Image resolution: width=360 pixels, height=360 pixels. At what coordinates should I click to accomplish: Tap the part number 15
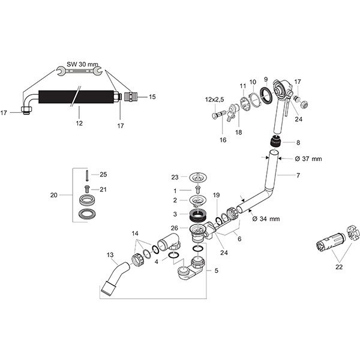point(152,96)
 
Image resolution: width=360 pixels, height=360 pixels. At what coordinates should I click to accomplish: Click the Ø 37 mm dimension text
point(310,158)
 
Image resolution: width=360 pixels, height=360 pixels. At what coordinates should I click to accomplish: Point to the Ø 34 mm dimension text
point(266,218)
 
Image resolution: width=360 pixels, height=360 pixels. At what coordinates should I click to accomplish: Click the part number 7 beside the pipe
point(298,176)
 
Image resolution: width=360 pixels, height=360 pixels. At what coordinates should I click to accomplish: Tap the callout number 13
point(109,254)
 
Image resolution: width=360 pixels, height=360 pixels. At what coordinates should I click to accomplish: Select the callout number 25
point(103,175)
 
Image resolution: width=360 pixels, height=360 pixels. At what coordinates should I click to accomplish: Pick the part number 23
point(175,177)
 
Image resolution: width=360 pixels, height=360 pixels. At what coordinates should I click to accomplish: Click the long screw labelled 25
point(88,175)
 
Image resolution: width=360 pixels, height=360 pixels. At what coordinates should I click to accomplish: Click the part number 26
point(175,228)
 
